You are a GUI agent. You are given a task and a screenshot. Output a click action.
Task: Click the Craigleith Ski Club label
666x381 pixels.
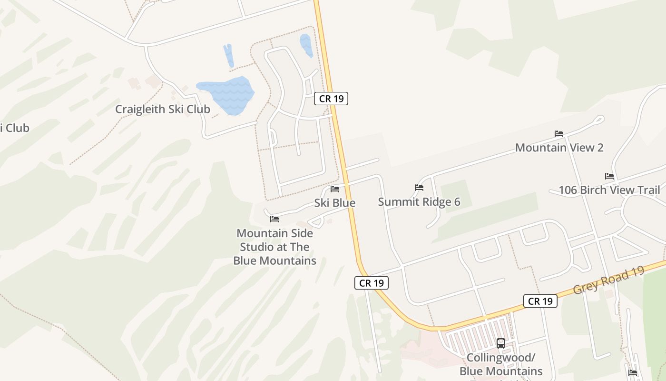pyautogui.click(x=163, y=109)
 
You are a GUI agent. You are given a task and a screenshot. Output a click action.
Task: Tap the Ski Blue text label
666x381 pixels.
pyautogui.click(x=334, y=203)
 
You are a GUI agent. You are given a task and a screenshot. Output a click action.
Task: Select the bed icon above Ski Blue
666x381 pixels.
pyautogui.click(x=335, y=189)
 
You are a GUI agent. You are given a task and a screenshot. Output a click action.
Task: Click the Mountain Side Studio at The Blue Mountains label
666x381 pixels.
pyautogui.click(x=274, y=247)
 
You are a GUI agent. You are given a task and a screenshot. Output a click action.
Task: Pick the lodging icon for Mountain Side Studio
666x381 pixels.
pyautogui.click(x=274, y=219)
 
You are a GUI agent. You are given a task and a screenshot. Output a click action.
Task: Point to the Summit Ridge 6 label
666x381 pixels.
pyautogui.click(x=419, y=202)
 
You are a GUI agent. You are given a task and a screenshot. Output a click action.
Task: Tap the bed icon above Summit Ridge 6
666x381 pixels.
pyautogui.click(x=419, y=188)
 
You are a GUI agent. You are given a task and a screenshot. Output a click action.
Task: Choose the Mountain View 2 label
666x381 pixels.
pyautogui.click(x=559, y=148)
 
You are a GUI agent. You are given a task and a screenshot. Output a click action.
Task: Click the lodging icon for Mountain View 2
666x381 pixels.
pyautogui.click(x=559, y=134)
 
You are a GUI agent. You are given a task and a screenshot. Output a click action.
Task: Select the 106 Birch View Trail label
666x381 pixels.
pyautogui.click(x=609, y=190)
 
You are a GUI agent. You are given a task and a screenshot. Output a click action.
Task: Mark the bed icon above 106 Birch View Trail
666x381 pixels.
pyautogui.click(x=609, y=176)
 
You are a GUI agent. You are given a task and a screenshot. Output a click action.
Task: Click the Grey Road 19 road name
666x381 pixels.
pyautogui.click(x=608, y=280)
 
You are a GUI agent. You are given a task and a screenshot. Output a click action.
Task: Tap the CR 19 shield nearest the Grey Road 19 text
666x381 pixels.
pyautogui.click(x=540, y=301)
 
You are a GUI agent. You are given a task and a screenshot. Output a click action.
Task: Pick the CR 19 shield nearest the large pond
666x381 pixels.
pyautogui.click(x=331, y=99)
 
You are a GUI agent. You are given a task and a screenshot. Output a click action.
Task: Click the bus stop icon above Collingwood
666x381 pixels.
pyautogui.click(x=501, y=343)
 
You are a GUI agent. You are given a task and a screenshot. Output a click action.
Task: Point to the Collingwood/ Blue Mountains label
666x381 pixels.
pyautogui.click(x=501, y=364)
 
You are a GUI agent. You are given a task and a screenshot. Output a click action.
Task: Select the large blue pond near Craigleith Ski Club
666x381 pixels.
pyautogui.click(x=226, y=94)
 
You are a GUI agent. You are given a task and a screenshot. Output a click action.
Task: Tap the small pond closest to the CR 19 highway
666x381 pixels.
pyautogui.click(x=306, y=45)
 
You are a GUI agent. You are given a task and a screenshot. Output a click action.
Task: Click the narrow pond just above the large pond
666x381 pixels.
pyautogui.click(x=229, y=55)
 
